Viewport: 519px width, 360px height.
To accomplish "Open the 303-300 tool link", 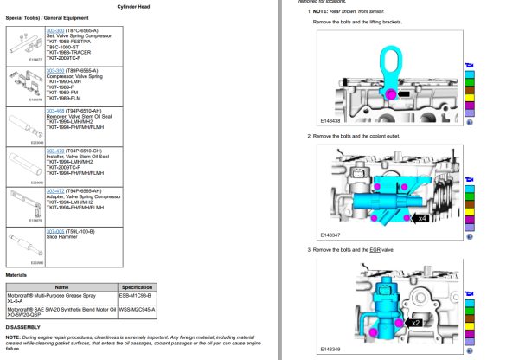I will click(x=54, y=29).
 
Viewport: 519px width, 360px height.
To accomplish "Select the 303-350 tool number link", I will click(x=54, y=70).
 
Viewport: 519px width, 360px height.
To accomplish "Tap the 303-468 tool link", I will click(x=54, y=110).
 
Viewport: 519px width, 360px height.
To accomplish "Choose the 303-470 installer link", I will click(x=54, y=150).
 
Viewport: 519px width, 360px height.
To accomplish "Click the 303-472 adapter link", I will click(x=54, y=190).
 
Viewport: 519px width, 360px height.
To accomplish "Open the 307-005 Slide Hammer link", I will click(x=54, y=230).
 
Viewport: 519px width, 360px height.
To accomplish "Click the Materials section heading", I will click(x=16, y=275).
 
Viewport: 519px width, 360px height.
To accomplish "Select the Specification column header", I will click(x=137, y=286).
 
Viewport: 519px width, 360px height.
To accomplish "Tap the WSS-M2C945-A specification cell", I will click(x=138, y=308).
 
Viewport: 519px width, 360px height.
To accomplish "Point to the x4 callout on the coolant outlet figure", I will click(x=422, y=219).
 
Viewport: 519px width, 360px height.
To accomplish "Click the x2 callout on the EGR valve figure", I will click(x=417, y=322).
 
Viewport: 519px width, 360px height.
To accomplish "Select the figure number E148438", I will click(x=331, y=121).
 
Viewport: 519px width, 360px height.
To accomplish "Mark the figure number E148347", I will click(x=331, y=235).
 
